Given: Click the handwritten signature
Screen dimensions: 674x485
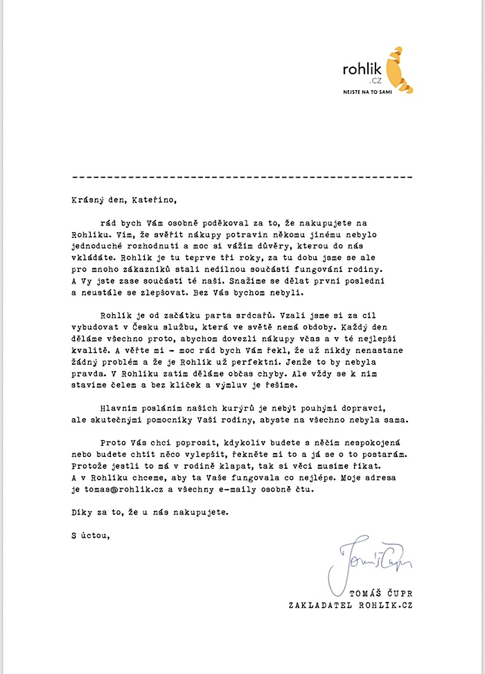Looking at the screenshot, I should point(371,559).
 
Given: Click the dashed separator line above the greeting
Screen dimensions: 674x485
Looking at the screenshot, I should point(242,177).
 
